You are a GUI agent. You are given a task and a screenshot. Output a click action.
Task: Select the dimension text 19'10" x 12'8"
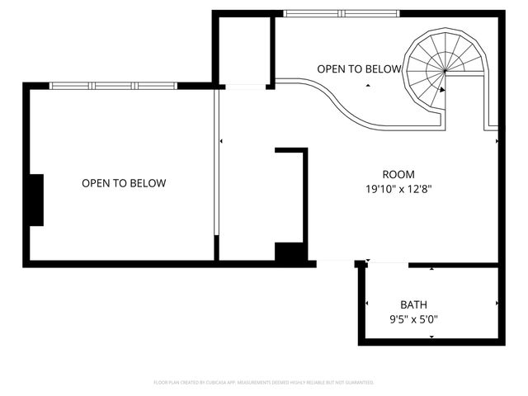(399, 189)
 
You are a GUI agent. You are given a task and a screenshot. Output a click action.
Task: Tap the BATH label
(413, 304)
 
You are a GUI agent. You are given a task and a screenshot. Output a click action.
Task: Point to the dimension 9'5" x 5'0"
(414, 318)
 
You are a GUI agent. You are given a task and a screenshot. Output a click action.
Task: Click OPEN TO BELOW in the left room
(124, 183)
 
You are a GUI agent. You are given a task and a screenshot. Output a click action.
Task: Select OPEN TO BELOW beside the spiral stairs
(359, 68)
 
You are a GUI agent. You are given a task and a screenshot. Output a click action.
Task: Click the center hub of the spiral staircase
(445, 70)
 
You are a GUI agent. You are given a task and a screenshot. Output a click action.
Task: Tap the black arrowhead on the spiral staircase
(443, 90)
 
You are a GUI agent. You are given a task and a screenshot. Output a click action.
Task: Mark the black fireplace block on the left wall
(35, 200)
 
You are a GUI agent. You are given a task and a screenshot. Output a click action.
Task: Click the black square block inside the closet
(290, 252)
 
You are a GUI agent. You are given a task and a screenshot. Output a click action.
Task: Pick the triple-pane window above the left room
(113, 85)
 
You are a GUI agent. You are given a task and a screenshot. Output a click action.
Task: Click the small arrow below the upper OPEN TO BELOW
(369, 85)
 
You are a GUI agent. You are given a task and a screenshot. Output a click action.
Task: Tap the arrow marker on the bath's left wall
(366, 304)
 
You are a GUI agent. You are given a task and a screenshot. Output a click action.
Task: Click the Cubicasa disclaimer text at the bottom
(264, 383)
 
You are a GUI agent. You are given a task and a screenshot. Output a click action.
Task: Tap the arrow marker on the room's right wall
(497, 141)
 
